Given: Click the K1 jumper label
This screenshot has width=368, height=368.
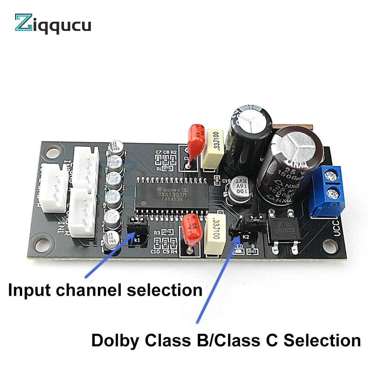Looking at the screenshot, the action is click(137, 240).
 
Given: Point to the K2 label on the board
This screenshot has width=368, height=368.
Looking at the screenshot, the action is click(246, 237).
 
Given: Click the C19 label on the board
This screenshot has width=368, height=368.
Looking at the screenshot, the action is click(226, 180).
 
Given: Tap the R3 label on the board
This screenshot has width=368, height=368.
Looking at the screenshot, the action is click(157, 233).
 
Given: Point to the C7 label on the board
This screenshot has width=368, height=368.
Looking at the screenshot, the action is click(159, 152).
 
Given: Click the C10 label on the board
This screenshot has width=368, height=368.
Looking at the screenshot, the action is click(155, 252).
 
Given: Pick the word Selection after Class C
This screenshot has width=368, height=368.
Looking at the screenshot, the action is click(323, 340).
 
